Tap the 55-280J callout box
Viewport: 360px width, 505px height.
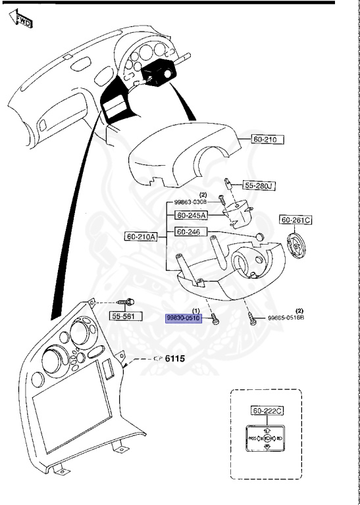tap(259, 185)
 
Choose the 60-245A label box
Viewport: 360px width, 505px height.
tap(191, 215)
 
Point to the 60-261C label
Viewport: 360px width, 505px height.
tap(296, 220)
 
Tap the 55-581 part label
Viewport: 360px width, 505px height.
tap(125, 317)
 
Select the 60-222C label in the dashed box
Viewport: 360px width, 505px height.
tap(267, 411)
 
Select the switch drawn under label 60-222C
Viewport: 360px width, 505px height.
tap(267, 437)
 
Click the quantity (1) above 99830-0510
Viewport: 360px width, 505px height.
tap(195, 310)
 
